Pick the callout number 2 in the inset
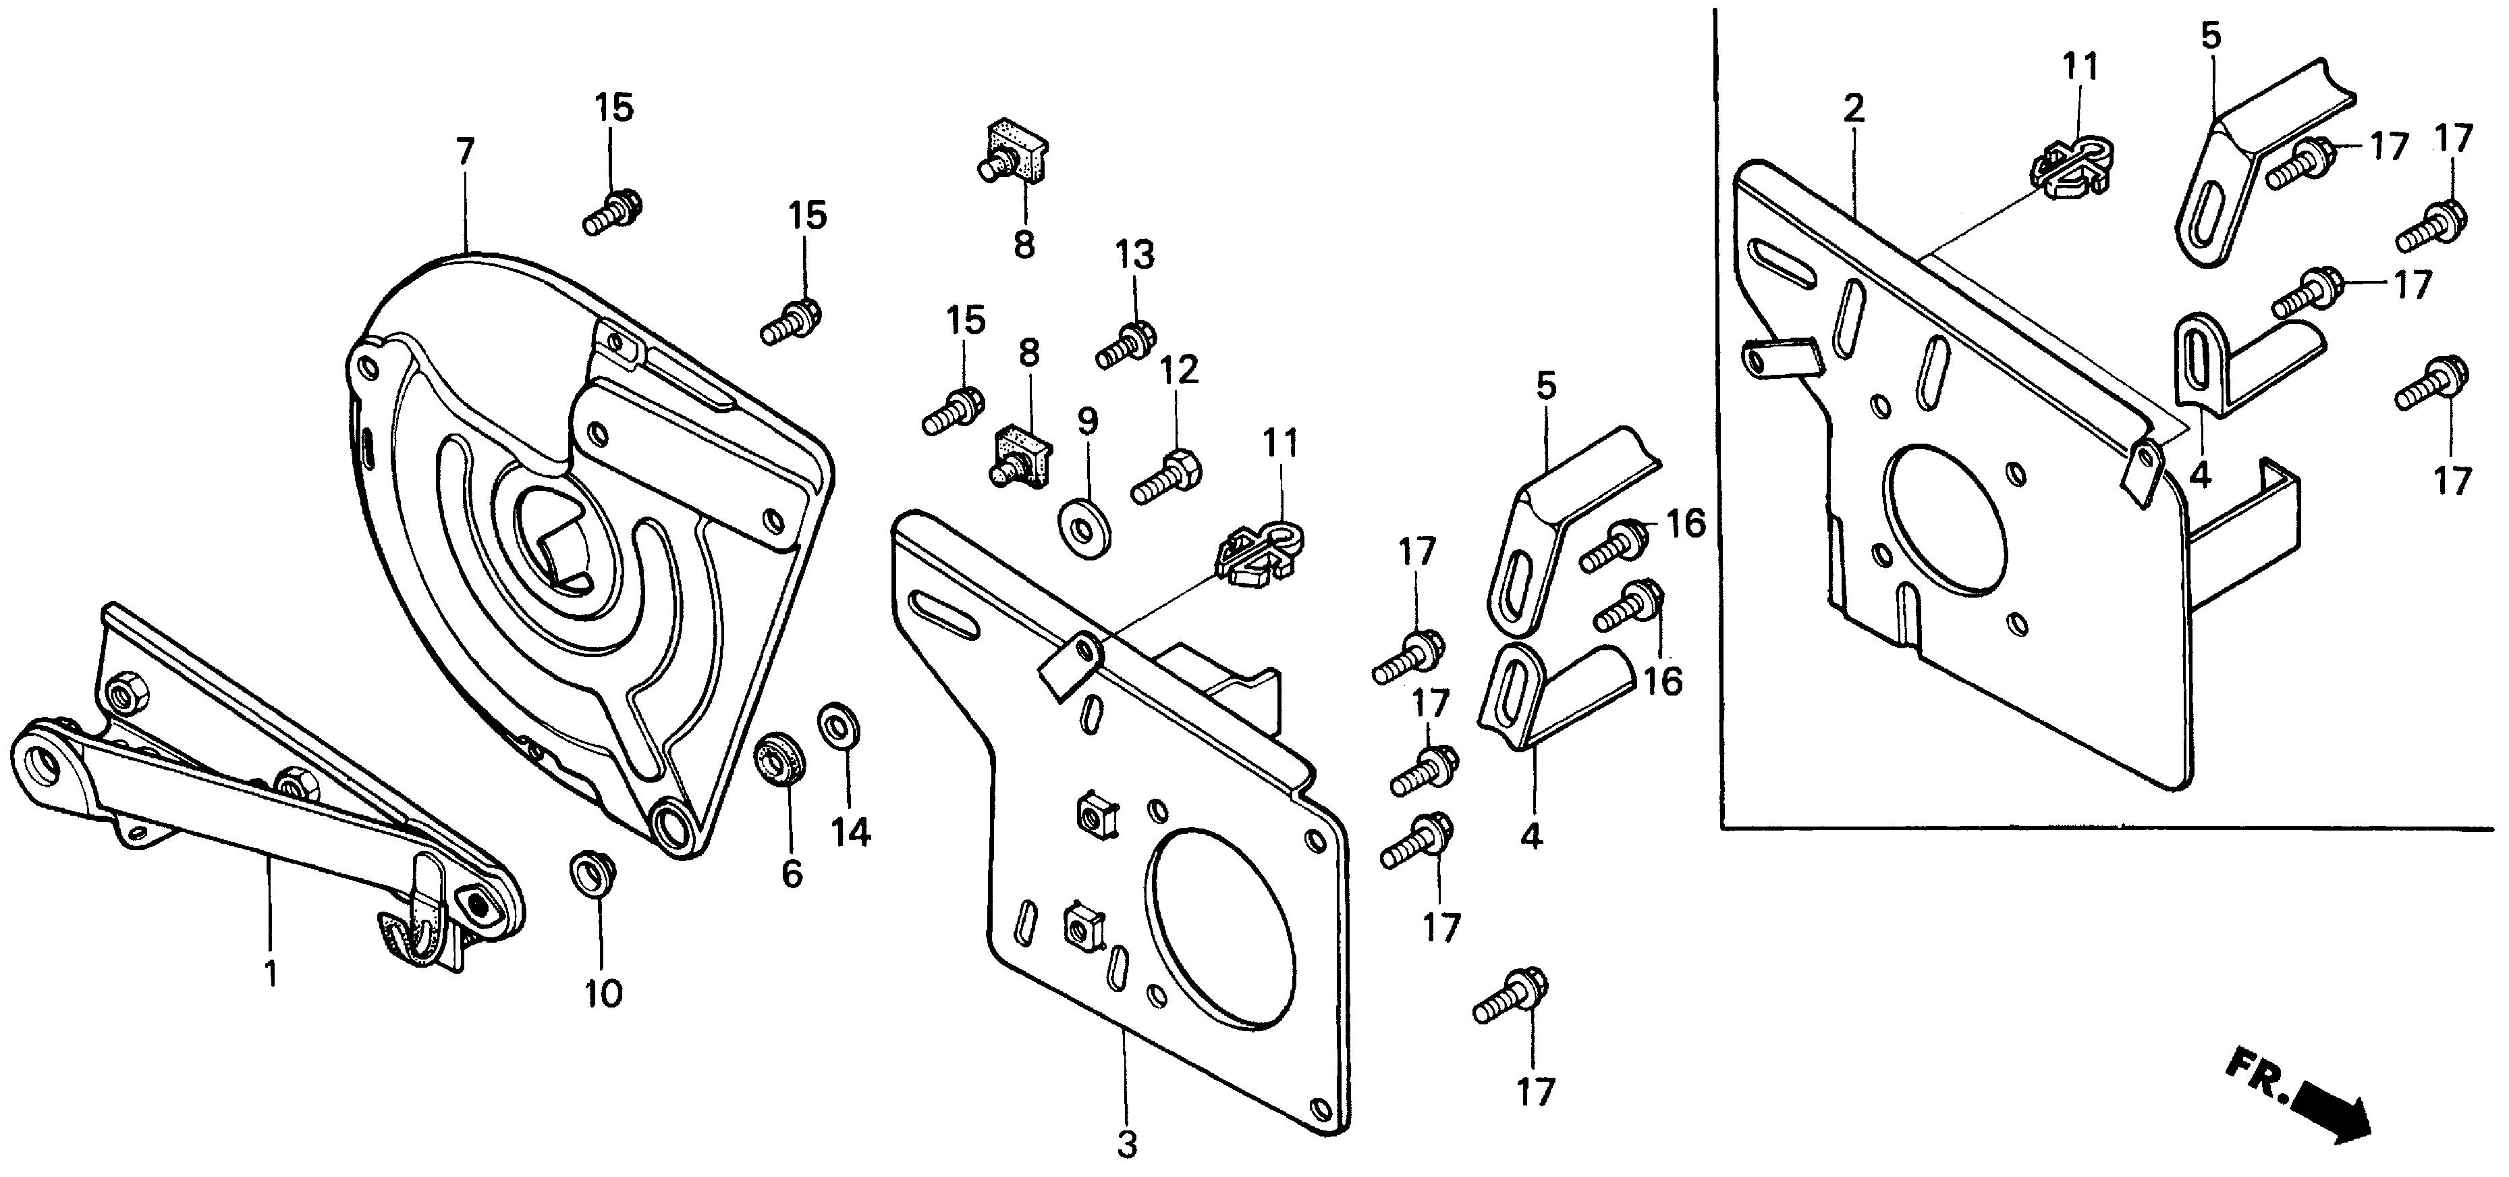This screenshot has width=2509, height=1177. coord(1854,108)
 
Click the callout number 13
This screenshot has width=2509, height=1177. coord(1134,255)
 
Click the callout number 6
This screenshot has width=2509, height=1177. coord(792,874)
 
